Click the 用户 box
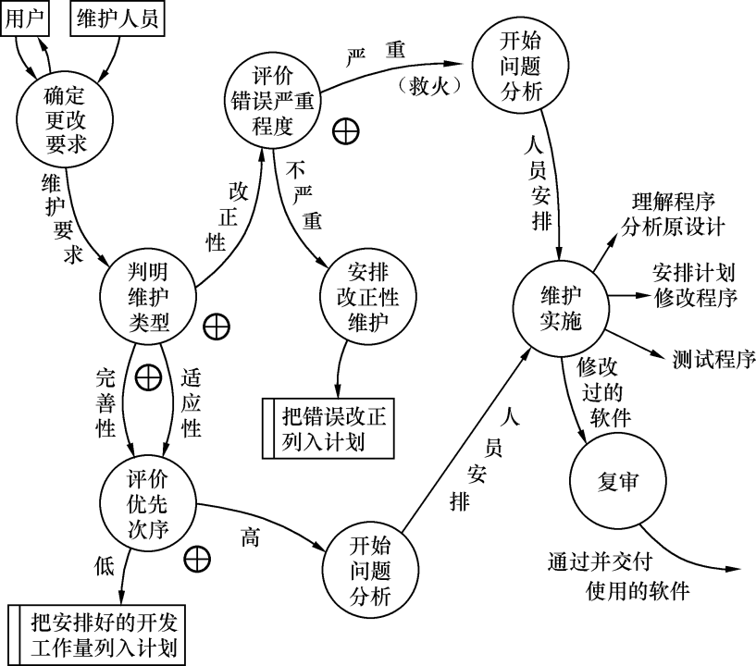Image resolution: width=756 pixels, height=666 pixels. (26, 18)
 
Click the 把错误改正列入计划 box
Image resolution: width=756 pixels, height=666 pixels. (328, 427)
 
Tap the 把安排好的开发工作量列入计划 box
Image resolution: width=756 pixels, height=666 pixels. (98, 634)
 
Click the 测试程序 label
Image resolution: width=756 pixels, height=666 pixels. (714, 358)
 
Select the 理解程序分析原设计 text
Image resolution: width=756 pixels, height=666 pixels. (673, 213)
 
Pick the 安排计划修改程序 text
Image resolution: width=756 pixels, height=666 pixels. (693, 286)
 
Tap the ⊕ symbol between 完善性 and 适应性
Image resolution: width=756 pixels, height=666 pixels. (148, 377)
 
